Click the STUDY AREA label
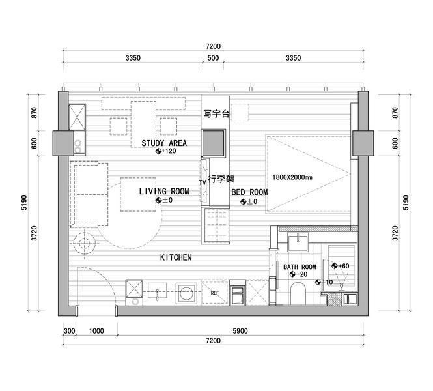(x=164, y=143)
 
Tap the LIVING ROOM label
(x=164, y=191)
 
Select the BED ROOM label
(x=249, y=192)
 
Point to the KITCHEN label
(x=176, y=257)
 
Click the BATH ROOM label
(x=300, y=267)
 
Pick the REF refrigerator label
(x=215, y=293)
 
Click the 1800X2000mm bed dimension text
(x=292, y=177)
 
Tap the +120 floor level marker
(x=165, y=151)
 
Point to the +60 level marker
(x=340, y=266)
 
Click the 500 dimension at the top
(x=213, y=58)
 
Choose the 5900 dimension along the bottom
(x=240, y=331)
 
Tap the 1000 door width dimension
(x=96, y=331)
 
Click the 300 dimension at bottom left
(x=69, y=331)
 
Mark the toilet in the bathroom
(x=298, y=293)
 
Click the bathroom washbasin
(x=298, y=242)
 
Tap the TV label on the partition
(x=203, y=182)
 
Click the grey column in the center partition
(x=213, y=143)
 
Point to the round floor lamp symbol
(x=84, y=243)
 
